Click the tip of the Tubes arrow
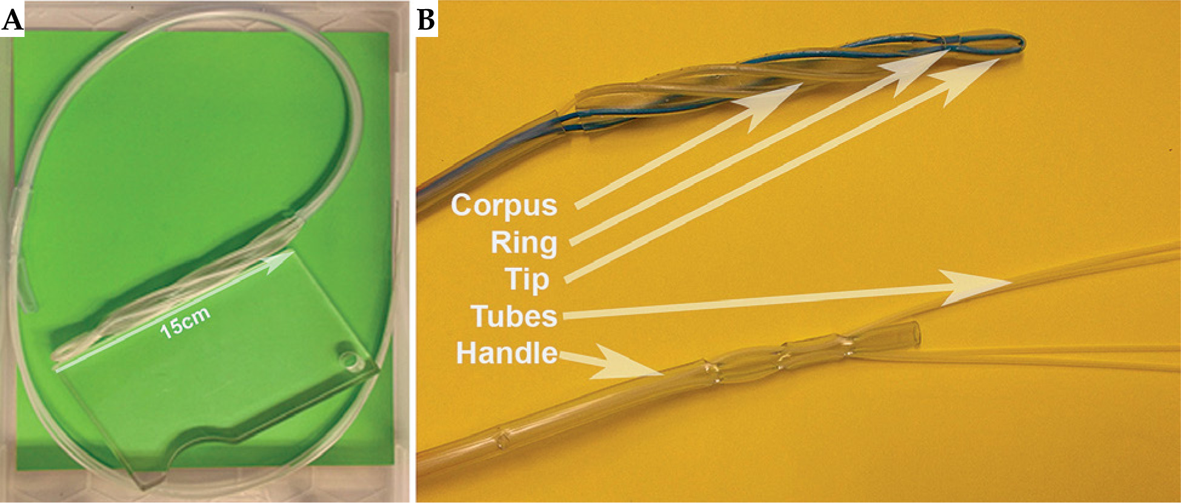(x=1011, y=282)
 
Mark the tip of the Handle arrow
(x=664, y=375)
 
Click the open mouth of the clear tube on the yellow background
(x=915, y=335)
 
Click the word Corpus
(x=504, y=205)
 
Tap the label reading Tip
(x=527, y=279)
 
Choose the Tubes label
(x=514, y=316)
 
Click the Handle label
(x=507, y=353)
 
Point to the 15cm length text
(x=185, y=322)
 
